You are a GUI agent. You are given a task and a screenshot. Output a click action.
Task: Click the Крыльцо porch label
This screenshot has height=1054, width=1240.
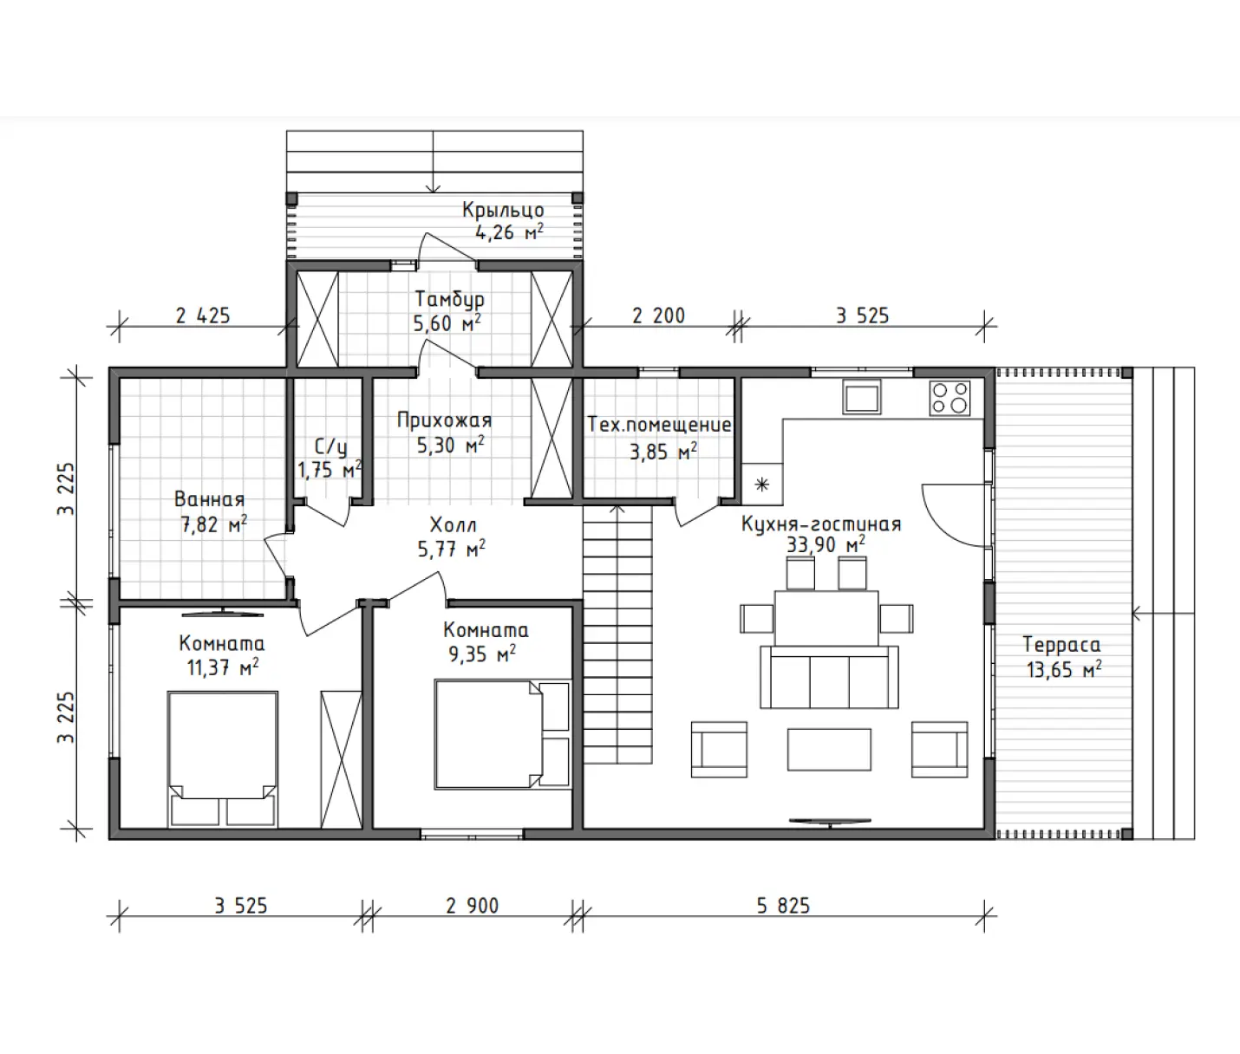pyautogui.click(x=503, y=210)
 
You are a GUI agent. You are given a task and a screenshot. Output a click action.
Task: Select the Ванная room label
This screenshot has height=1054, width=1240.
pyautogui.click(x=209, y=498)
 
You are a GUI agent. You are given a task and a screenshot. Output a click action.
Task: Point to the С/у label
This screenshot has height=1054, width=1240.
pyautogui.click(x=330, y=446)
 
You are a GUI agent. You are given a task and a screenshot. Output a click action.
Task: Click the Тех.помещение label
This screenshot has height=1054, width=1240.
pyautogui.click(x=659, y=425)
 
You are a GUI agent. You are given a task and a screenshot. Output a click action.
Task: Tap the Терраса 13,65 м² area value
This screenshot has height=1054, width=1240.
pyautogui.click(x=1064, y=670)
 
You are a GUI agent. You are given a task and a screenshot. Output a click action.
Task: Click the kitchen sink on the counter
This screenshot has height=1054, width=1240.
pyautogui.click(x=861, y=397)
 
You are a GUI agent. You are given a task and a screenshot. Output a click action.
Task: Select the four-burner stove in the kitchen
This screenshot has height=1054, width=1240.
pyautogui.click(x=950, y=398)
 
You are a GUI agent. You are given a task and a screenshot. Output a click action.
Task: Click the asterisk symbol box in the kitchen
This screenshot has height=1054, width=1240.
pyautogui.click(x=762, y=484)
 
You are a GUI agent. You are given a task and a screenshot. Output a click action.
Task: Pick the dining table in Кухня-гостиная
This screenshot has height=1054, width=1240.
pyautogui.click(x=826, y=618)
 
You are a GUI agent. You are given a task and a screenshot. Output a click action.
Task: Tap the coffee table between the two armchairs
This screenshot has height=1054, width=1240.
pyautogui.click(x=829, y=750)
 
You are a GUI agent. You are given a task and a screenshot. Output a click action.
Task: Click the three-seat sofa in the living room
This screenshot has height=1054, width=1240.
pyautogui.click(x=829, y=677)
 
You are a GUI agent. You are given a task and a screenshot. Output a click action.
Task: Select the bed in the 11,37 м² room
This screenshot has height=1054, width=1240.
pyautogui.click(x=223, y=759)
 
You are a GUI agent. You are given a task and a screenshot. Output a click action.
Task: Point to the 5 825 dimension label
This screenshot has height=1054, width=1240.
pyautogui.click(x=783, y=905)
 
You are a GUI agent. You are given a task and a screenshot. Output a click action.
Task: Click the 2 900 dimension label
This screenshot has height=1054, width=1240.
pyautogui.click(x=472, y=905)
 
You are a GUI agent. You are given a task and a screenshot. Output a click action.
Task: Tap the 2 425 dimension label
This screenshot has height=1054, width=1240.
pyautogui.click(x=203, y=316)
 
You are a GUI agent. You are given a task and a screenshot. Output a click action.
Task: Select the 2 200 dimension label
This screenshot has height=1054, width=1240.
pyautogui.click(x=658, y=316)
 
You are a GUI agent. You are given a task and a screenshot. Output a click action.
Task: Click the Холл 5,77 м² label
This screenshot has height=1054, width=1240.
pyautogui.click(x=452, y=537)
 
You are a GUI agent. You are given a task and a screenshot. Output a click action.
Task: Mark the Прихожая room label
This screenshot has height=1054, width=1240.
pyautogui.click(x=445, y=420)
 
